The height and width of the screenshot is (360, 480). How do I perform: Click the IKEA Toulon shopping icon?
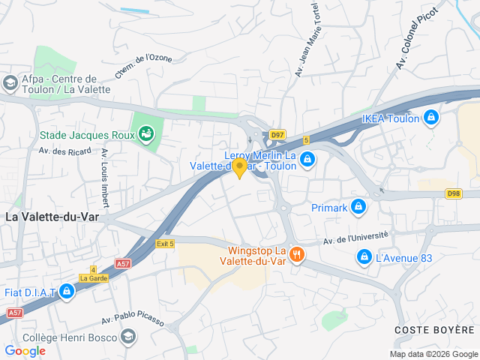430,118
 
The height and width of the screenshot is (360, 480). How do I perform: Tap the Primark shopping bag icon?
358,206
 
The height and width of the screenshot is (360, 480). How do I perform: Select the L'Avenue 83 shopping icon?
364,257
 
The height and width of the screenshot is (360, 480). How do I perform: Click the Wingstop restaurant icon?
297,255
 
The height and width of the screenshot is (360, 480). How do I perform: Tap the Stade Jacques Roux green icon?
146,135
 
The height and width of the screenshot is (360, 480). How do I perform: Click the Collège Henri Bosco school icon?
127,336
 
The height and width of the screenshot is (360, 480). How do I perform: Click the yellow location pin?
240,168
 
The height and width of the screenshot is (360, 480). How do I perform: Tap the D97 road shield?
277,135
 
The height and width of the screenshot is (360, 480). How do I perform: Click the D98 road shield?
453,193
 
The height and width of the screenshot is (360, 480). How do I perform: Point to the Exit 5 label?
165,244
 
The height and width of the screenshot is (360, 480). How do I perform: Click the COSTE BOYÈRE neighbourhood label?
435,330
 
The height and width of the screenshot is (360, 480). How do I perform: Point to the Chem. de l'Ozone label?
144,66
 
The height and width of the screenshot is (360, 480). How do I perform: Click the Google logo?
25,351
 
